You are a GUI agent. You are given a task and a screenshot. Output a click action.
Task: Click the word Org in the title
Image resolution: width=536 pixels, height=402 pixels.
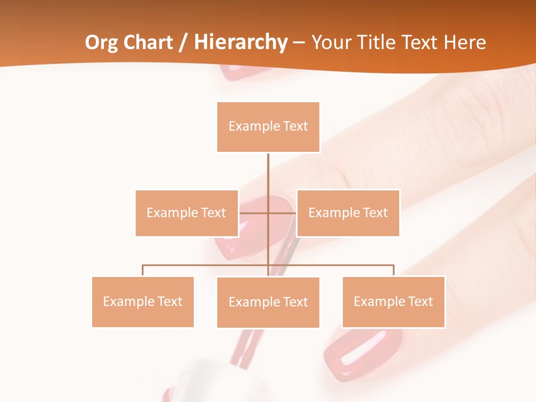tap(102, 42)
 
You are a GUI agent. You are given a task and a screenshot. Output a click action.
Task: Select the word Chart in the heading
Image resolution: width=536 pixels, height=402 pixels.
tap(147, 42)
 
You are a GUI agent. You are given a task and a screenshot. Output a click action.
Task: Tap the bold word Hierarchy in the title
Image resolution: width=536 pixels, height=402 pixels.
tap(240, 42)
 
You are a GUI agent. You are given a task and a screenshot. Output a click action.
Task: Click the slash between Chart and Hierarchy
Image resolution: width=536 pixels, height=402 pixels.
tap(183, 43)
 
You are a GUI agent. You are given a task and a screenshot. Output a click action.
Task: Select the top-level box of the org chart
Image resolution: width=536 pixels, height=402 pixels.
tap(268, 127)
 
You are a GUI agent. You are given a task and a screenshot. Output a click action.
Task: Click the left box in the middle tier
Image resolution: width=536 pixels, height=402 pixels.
tap(186, 213)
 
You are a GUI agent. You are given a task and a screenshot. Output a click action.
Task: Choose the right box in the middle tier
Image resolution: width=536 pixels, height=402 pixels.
tap(348, 213)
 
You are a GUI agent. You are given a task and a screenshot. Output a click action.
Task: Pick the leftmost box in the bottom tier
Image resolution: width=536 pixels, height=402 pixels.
tap(142, 301)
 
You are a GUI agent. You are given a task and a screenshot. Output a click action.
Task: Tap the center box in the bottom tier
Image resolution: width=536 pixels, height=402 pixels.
tap(268, 302)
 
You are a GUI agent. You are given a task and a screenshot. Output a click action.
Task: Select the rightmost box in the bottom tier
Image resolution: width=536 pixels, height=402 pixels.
tap(393, 301)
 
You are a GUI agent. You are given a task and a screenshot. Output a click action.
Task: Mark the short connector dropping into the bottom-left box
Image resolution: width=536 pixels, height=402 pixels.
tap(143, 270)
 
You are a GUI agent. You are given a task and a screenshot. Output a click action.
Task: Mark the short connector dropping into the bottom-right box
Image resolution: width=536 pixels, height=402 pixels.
tap(393, 270)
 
